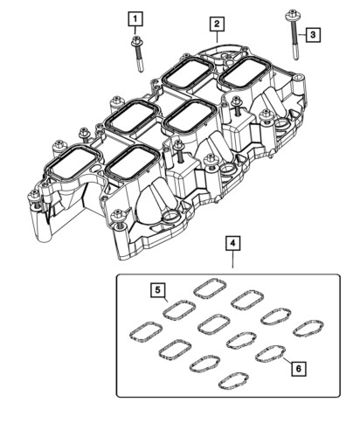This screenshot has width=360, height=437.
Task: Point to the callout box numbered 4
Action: coord(232,242)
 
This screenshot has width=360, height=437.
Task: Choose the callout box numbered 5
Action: coord(156,290)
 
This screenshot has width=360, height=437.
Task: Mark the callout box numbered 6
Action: coord(298,369)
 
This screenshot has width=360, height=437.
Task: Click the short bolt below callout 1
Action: coord(138,54)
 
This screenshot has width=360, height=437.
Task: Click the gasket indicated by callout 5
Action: coord(178,309)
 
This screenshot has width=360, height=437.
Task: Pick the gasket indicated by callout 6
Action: coord(269,353)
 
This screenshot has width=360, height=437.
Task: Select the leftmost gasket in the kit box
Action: coord(143,330)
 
